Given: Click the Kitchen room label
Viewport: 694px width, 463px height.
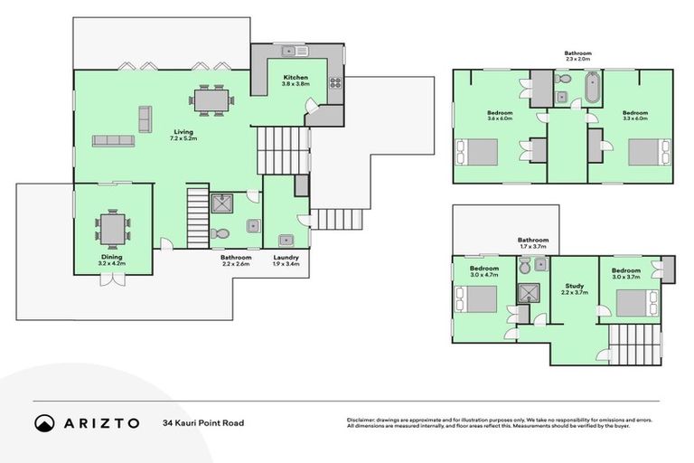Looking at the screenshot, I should click(296, 78).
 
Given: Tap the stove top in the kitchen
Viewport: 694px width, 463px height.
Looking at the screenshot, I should click(334, 84).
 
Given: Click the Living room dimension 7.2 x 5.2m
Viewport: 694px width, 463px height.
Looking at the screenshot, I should click(183, 139).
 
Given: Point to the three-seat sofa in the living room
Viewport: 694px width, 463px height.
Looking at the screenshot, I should click(113, 140).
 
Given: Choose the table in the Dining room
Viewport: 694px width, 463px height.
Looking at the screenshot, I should click(113, 226).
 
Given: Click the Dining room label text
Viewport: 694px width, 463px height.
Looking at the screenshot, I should click(111, 256).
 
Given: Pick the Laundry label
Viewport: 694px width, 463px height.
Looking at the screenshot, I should click(286, 257).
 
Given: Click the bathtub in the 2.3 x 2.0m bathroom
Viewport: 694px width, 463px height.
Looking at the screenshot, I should click(594, 88).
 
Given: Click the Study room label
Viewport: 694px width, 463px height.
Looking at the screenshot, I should click(575, 286).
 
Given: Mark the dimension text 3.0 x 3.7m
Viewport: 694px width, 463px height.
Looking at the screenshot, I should click(625, 278).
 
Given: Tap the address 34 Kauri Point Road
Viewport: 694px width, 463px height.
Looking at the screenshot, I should click(203, 422).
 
